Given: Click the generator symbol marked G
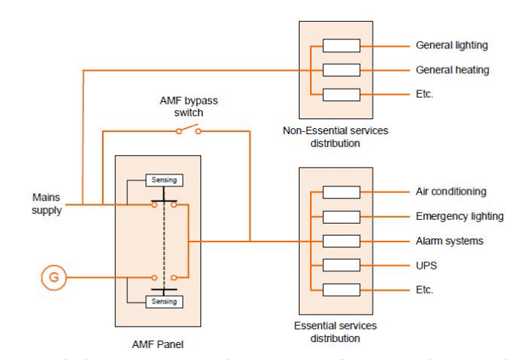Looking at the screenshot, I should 52,280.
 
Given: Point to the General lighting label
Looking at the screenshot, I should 452,45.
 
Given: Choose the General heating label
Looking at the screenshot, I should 452,70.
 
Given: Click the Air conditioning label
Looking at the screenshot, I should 451,192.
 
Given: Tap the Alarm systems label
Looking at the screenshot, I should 449,241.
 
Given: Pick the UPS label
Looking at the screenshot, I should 426,265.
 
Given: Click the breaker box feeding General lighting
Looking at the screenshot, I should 341,45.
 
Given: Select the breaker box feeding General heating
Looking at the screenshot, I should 341,70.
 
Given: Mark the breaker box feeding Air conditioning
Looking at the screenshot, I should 341,192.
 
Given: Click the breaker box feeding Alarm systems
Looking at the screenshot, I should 341,241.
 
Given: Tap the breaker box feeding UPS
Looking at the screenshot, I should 341,265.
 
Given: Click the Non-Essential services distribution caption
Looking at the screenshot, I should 335,136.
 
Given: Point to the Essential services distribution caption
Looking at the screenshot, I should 335,332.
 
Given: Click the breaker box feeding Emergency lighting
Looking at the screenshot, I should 341,217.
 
